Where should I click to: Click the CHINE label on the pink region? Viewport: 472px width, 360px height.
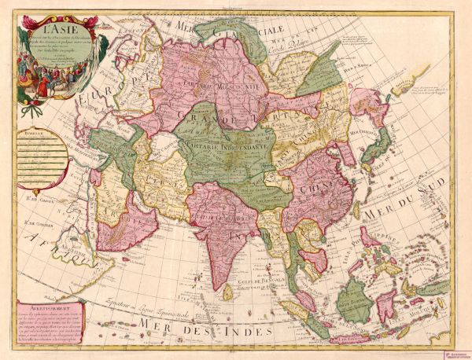coord(312,189)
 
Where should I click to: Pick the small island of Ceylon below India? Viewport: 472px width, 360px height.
coord(228,292)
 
